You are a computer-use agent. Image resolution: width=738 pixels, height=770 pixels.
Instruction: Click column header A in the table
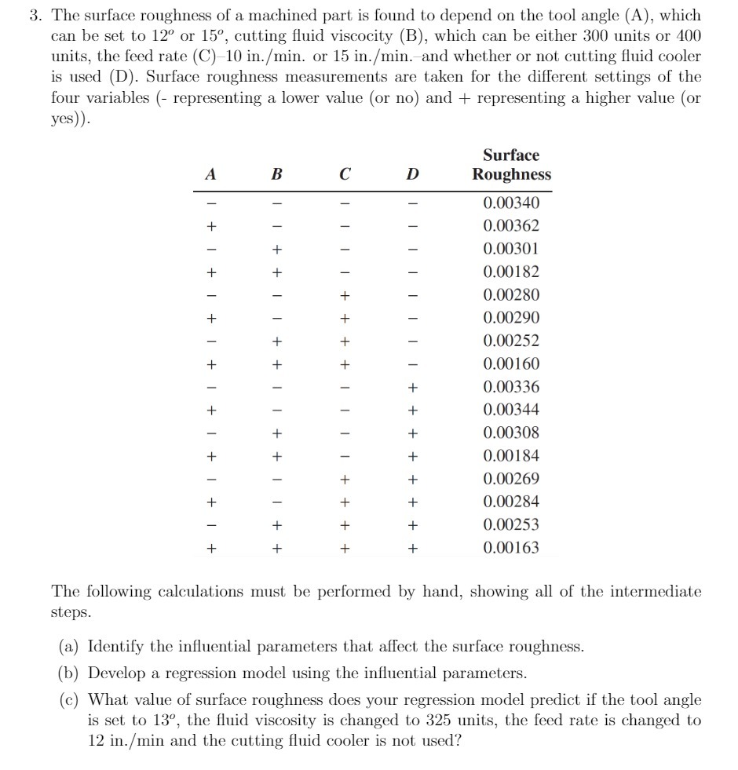210,175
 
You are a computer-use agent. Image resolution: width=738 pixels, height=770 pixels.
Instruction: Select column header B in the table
276,175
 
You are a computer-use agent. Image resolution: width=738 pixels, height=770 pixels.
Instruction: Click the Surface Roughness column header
511,165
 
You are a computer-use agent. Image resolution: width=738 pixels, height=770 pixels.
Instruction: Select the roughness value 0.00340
511,203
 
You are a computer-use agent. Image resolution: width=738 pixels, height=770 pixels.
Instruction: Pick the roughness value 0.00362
511,226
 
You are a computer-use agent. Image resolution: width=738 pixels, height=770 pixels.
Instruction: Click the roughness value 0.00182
511,272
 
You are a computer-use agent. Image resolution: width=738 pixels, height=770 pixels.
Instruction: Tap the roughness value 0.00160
511,364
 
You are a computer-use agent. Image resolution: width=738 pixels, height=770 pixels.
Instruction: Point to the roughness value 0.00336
511,387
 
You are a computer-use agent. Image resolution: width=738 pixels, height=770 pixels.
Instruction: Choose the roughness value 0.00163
511,548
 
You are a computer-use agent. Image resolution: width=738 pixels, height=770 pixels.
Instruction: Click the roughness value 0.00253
511,525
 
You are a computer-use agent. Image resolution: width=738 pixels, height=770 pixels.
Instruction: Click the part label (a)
69,647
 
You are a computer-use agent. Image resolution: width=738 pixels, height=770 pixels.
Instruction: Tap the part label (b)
69,673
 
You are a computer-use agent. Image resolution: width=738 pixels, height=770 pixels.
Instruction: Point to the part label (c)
69,699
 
